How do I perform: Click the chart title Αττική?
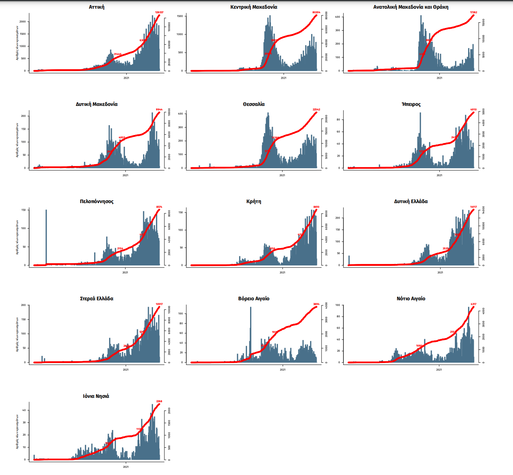coord(97,7)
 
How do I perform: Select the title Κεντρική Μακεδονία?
coord(254,7)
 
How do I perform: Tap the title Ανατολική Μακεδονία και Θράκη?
coord(411,7)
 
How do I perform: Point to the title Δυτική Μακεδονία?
coord(97,104)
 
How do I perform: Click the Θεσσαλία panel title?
coord(254,104)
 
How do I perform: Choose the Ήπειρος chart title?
coord(411,104)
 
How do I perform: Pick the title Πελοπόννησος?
coord(97,202)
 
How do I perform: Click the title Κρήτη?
coord(254,202)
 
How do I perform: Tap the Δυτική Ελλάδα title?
coord(411,202)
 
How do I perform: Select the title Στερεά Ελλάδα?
coord(97,299)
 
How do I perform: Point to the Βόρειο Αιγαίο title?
coord(254,299)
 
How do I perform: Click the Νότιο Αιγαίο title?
coord(411,299)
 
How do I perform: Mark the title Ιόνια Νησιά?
coord(96,396)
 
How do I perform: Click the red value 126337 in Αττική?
coord(159,12)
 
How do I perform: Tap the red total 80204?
coord(316,12)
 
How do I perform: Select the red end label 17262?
coord(473,12)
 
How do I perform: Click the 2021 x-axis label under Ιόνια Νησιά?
coord(126,467)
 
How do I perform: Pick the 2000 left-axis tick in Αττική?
coord(23,22)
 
